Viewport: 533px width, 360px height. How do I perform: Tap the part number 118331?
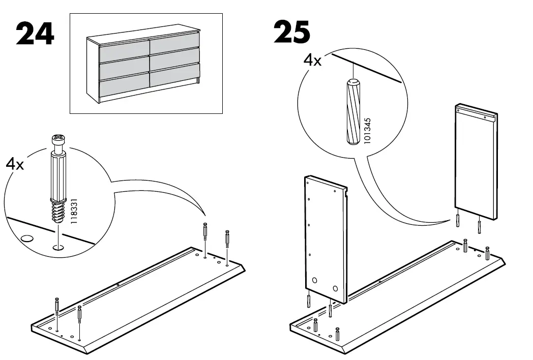pos(74,209)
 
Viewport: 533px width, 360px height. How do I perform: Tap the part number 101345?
pos(368,132)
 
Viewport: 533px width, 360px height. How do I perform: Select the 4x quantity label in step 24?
pos(15,164)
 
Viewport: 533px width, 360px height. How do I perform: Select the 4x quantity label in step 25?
pos(312,61)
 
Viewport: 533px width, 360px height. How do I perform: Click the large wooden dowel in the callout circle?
pos(351,112)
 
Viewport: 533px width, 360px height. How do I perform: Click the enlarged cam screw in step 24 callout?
pos(58,178)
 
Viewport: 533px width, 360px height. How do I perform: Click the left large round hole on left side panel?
pos(314,281)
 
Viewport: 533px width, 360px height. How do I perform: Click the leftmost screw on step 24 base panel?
pos(57,307)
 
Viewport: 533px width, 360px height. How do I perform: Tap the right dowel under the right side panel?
pos(479,226)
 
